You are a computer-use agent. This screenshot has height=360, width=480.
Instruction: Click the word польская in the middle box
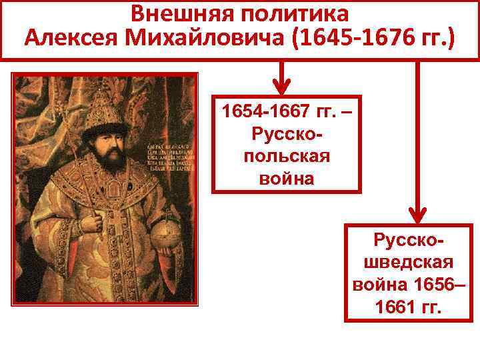287,157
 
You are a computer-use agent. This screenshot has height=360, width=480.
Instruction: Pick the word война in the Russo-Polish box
287,178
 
